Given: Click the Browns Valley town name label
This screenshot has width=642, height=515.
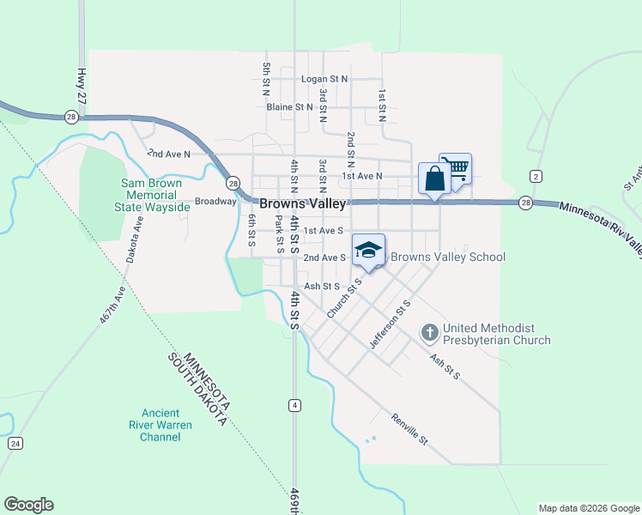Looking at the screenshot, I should [303, 204].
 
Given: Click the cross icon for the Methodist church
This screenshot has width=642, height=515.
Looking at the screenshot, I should [430, 331].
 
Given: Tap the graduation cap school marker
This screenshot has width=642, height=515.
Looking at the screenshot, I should [368, 250].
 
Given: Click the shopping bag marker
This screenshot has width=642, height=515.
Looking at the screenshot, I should [434, 179].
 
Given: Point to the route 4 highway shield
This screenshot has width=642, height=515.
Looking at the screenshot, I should [294, 404].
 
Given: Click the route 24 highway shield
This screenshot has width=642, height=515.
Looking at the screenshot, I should [15, 443].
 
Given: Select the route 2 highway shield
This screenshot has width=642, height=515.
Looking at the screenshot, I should [536, 176].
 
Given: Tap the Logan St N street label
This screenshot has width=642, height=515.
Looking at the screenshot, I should [324, 79].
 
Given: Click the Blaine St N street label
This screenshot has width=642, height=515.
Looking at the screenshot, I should [289, 107].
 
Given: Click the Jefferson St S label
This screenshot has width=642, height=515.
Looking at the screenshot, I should [391, 324].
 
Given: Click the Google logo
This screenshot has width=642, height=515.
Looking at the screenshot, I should [28, 505].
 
